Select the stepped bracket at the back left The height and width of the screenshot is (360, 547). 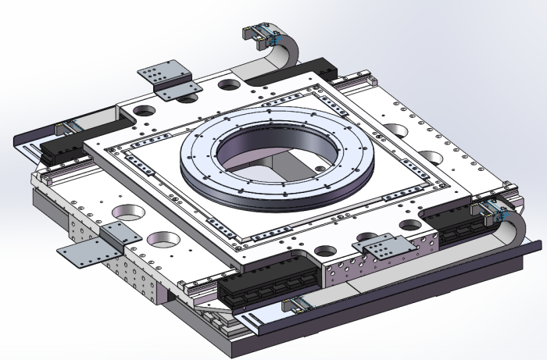click(x=167, y=78)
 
